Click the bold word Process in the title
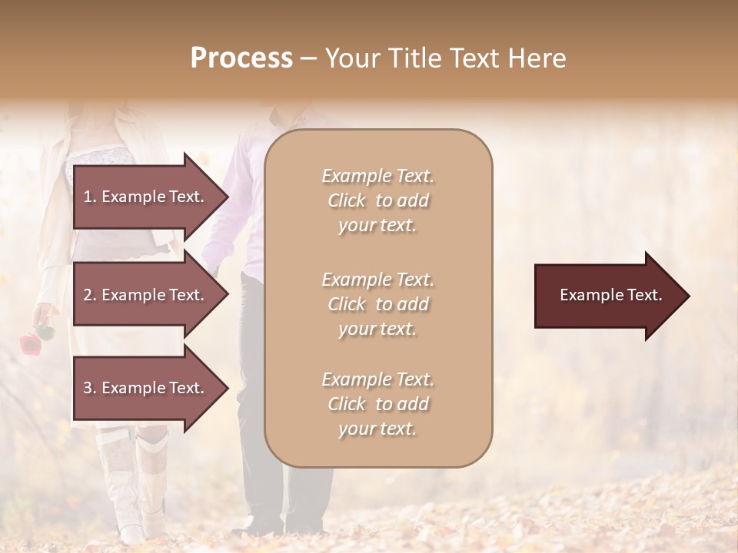click(241, 58)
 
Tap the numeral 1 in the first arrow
click(87, 197)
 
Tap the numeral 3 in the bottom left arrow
click(87, 388)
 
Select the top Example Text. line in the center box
click(377, 176)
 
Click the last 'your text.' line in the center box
click(377, 429)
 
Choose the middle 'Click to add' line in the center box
click(377, 304)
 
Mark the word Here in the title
click(540, 58)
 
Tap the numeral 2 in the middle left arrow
click(87, 295)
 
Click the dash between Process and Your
click(308, 58)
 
